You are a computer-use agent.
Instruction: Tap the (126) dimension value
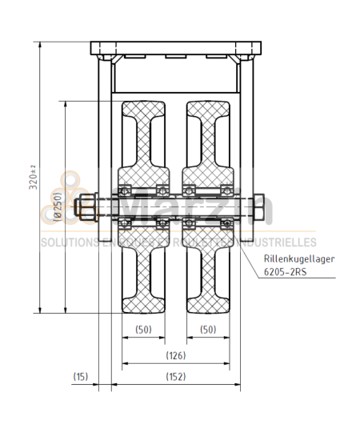click(x=175, y=354)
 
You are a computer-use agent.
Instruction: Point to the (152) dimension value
click(x=175, y=376)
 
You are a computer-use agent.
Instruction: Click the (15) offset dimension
click(x=80, y=376)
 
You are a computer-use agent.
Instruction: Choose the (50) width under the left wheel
click(x=143, y=329)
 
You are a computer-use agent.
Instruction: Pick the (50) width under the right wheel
click(x=207, y=329)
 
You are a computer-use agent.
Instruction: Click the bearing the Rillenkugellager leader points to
click(x=226, y=222)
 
